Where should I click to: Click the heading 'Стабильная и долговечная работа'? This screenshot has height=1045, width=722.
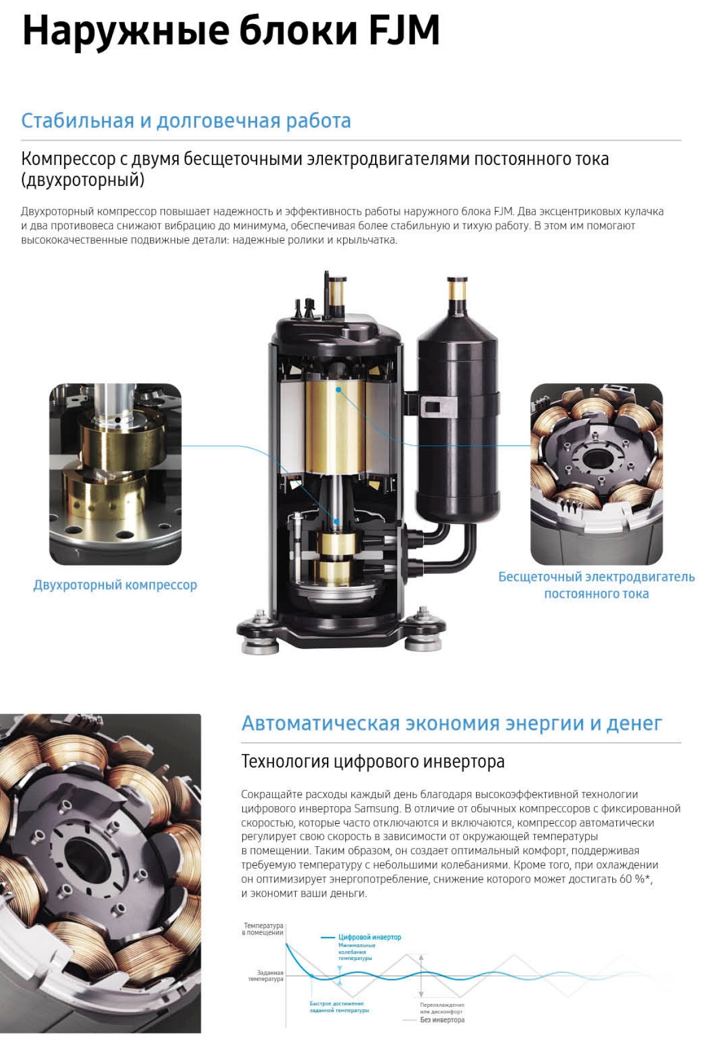186,121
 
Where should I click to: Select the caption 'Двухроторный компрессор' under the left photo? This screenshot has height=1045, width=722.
115,585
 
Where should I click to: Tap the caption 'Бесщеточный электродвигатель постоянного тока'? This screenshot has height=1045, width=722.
596,585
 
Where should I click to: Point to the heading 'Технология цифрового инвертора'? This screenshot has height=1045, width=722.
373,762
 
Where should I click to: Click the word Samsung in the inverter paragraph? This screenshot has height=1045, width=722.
377,809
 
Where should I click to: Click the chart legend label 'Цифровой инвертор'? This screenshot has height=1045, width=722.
370,937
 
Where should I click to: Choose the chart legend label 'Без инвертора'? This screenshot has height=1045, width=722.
442,1020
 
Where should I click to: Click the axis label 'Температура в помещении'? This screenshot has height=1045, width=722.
264,929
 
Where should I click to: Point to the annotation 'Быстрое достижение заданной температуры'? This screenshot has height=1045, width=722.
339,1007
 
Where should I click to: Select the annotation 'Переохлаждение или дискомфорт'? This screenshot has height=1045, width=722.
442,1008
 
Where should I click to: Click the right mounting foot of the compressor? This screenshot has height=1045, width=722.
423,631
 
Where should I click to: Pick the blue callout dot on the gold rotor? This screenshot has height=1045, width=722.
339,390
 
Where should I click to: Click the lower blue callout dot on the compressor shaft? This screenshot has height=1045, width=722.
337,521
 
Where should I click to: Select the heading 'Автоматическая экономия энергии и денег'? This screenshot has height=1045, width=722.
452,723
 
